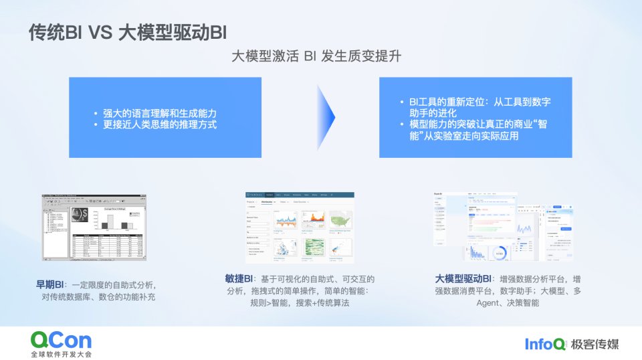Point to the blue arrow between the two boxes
[x=326, y=117]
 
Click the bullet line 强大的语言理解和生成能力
[x=160, y=112]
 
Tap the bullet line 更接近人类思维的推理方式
[x=160, y=124]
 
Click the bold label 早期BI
[x=50, y=284]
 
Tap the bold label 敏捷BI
[x=239, y=278]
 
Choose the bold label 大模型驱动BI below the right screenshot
[x=463, y=278]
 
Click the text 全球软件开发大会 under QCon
[x=61, y=353]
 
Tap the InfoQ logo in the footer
[x=544, y=344]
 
